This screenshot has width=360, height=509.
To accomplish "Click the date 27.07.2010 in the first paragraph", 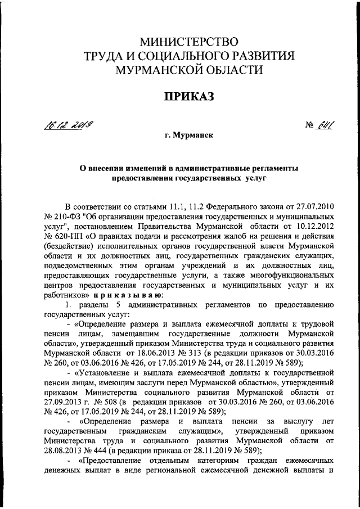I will [313, 208].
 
